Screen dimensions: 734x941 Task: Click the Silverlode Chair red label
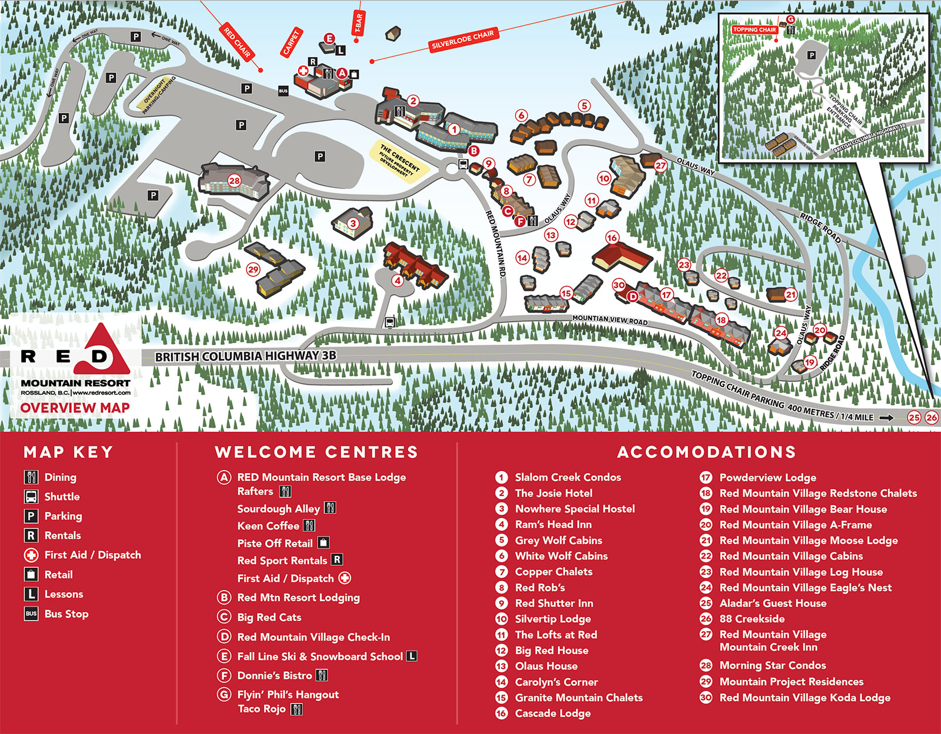point(463,39)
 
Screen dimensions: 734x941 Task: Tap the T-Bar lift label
point(358,24)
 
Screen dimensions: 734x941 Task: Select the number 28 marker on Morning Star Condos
point(235,181)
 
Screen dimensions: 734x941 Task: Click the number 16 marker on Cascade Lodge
point(612,238)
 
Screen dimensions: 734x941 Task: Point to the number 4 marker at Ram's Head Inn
point(398,281)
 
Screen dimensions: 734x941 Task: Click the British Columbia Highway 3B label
point(245,356)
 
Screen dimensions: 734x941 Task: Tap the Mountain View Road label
point(609,320)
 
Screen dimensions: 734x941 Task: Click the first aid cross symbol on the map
point(303,71)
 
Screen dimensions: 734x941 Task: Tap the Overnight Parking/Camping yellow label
point(159,94)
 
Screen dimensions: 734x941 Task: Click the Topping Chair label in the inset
point(755,29)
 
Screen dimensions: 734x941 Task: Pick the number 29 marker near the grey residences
point(253,269)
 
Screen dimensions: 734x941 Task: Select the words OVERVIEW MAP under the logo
point(75,408)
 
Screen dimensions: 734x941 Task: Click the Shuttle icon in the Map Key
point(31,496)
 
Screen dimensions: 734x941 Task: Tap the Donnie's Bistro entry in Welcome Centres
point(274,675)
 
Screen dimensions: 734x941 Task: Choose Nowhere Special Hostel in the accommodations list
point(575,509)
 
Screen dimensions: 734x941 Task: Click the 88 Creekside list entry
point(752,619)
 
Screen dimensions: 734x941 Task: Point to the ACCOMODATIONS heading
point(706,452)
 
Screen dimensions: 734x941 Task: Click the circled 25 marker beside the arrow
point(913,418)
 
